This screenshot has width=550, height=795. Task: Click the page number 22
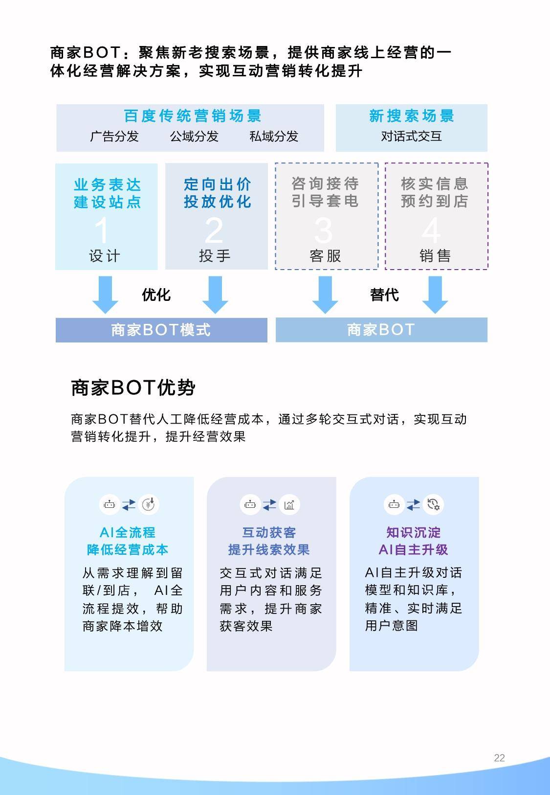coord(499,758)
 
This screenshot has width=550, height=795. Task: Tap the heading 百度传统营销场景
coord(193,116)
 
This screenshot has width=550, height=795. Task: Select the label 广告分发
coord(114,136)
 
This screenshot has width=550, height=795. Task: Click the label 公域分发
coord(194,136)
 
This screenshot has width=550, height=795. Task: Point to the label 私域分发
coord(274,136)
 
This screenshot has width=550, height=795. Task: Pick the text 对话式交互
coord(411,136)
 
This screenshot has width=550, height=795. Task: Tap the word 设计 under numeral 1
coord(105,256)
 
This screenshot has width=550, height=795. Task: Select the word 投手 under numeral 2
coord(215,256)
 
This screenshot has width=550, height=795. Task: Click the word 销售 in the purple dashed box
coord(435,256)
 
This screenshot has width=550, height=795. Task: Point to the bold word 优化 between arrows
coord(156,295)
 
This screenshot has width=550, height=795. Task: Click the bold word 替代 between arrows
coord(384,295)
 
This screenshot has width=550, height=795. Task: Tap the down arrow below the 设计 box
coord(105,295)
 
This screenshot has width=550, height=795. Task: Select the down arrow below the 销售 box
coord(435,295)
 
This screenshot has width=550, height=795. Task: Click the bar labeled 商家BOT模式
coord(161,330)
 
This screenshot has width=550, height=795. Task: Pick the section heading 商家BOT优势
coord(133,387)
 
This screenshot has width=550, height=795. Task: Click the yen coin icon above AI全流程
coord(148,504)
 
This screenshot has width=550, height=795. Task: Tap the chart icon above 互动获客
coord(289,504)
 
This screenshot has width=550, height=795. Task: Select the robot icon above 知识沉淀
coord(394,504)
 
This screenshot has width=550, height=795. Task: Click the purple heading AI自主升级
coord(414,550)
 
